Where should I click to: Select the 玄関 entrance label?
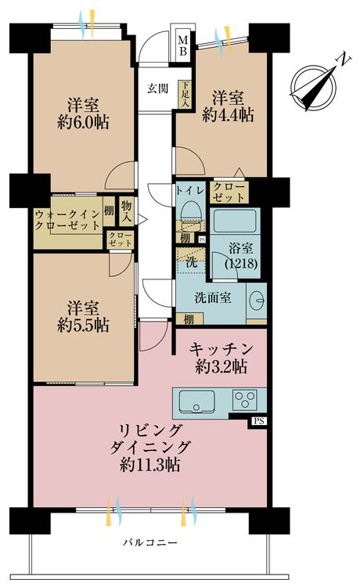click(157, 88)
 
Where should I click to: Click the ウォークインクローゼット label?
click(67, 218)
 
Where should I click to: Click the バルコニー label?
click(150, 542)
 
